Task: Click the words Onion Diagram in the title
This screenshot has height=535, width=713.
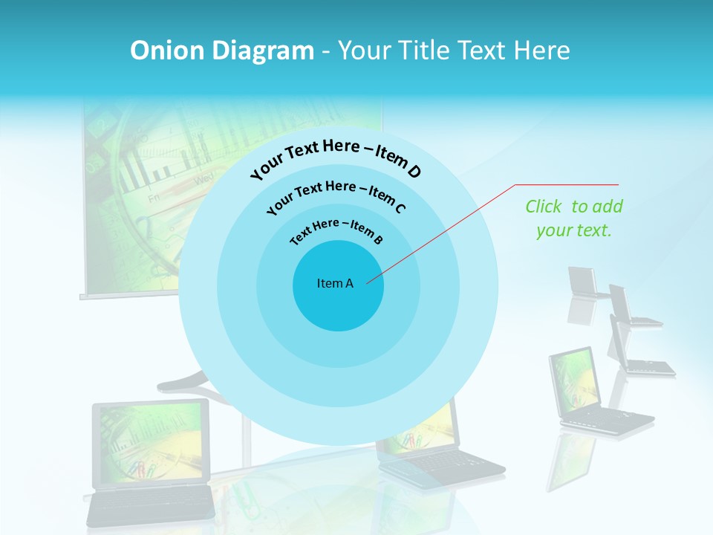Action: (x=221, y=51)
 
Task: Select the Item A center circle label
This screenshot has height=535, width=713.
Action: (x=335, y=283)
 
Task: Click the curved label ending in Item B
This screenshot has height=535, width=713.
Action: (x=336, y=231)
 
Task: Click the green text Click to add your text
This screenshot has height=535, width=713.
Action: (x=574, y=218)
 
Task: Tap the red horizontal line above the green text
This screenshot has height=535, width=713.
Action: (x=567, y=184)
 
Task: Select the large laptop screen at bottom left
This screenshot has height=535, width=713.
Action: (x=151, y=441)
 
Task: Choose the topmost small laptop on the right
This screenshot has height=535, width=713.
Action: (x=583, y=283)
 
